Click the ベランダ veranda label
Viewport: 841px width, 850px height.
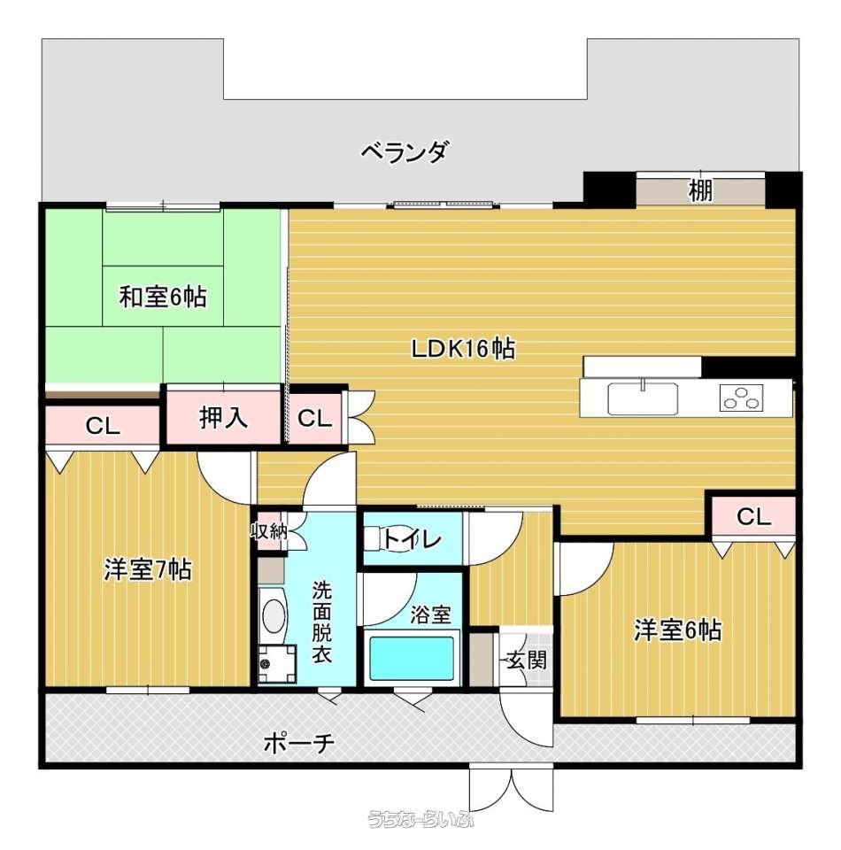click(405, 152)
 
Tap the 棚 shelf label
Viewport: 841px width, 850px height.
click(700, 190)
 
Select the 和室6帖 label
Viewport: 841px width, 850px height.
click(163, 297)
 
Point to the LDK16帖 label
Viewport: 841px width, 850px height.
click(463, 348)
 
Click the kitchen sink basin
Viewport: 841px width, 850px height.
click(643, 398)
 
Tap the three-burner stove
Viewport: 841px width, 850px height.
click(741, 398)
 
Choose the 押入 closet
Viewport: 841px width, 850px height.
click(223, 417)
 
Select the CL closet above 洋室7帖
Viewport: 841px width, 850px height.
click(103, 426)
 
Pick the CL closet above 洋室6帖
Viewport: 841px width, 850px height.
click(753, 515)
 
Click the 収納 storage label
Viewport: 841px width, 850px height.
click(268, 530)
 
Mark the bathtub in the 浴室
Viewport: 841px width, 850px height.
click(412, 658)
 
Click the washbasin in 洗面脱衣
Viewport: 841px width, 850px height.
click(274, 615)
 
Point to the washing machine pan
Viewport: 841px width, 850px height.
click(277, 663)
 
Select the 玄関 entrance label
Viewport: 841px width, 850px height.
click(526, 660)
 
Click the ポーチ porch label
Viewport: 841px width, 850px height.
click(298, 742)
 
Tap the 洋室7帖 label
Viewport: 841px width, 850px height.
click(147, 569)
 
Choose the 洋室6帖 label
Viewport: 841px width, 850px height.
click(677, 630)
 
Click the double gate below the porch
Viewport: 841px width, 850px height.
click(511, 788)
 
